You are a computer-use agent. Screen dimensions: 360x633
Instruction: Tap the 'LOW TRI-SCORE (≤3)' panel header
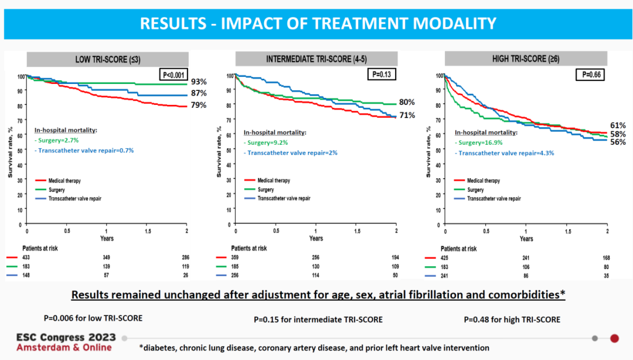click(x=107, y=59)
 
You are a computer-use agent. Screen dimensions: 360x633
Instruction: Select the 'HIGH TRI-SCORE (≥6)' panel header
click(x=525, y=59)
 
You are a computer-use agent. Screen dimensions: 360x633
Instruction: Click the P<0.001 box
click(x=175, y=74)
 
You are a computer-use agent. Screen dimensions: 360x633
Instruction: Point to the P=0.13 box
click(x=382, y=74)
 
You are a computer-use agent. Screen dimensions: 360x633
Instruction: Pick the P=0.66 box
click(x=590, y=74)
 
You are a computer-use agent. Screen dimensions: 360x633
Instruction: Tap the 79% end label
click(x=199, y=106)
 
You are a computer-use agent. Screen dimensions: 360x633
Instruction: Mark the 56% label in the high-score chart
click(x=618, y=142)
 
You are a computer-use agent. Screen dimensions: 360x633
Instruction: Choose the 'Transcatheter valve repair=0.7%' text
click(x=86, y=151)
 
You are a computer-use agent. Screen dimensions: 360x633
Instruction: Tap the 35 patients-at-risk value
click(x=606, y=276)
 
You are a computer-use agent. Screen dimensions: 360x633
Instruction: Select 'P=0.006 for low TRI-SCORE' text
click(x=93, y=318)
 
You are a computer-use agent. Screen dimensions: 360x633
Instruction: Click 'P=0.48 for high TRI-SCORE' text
click(x=512, y=320)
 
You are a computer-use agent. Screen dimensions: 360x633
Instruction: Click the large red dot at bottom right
click(x=614, y=338)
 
